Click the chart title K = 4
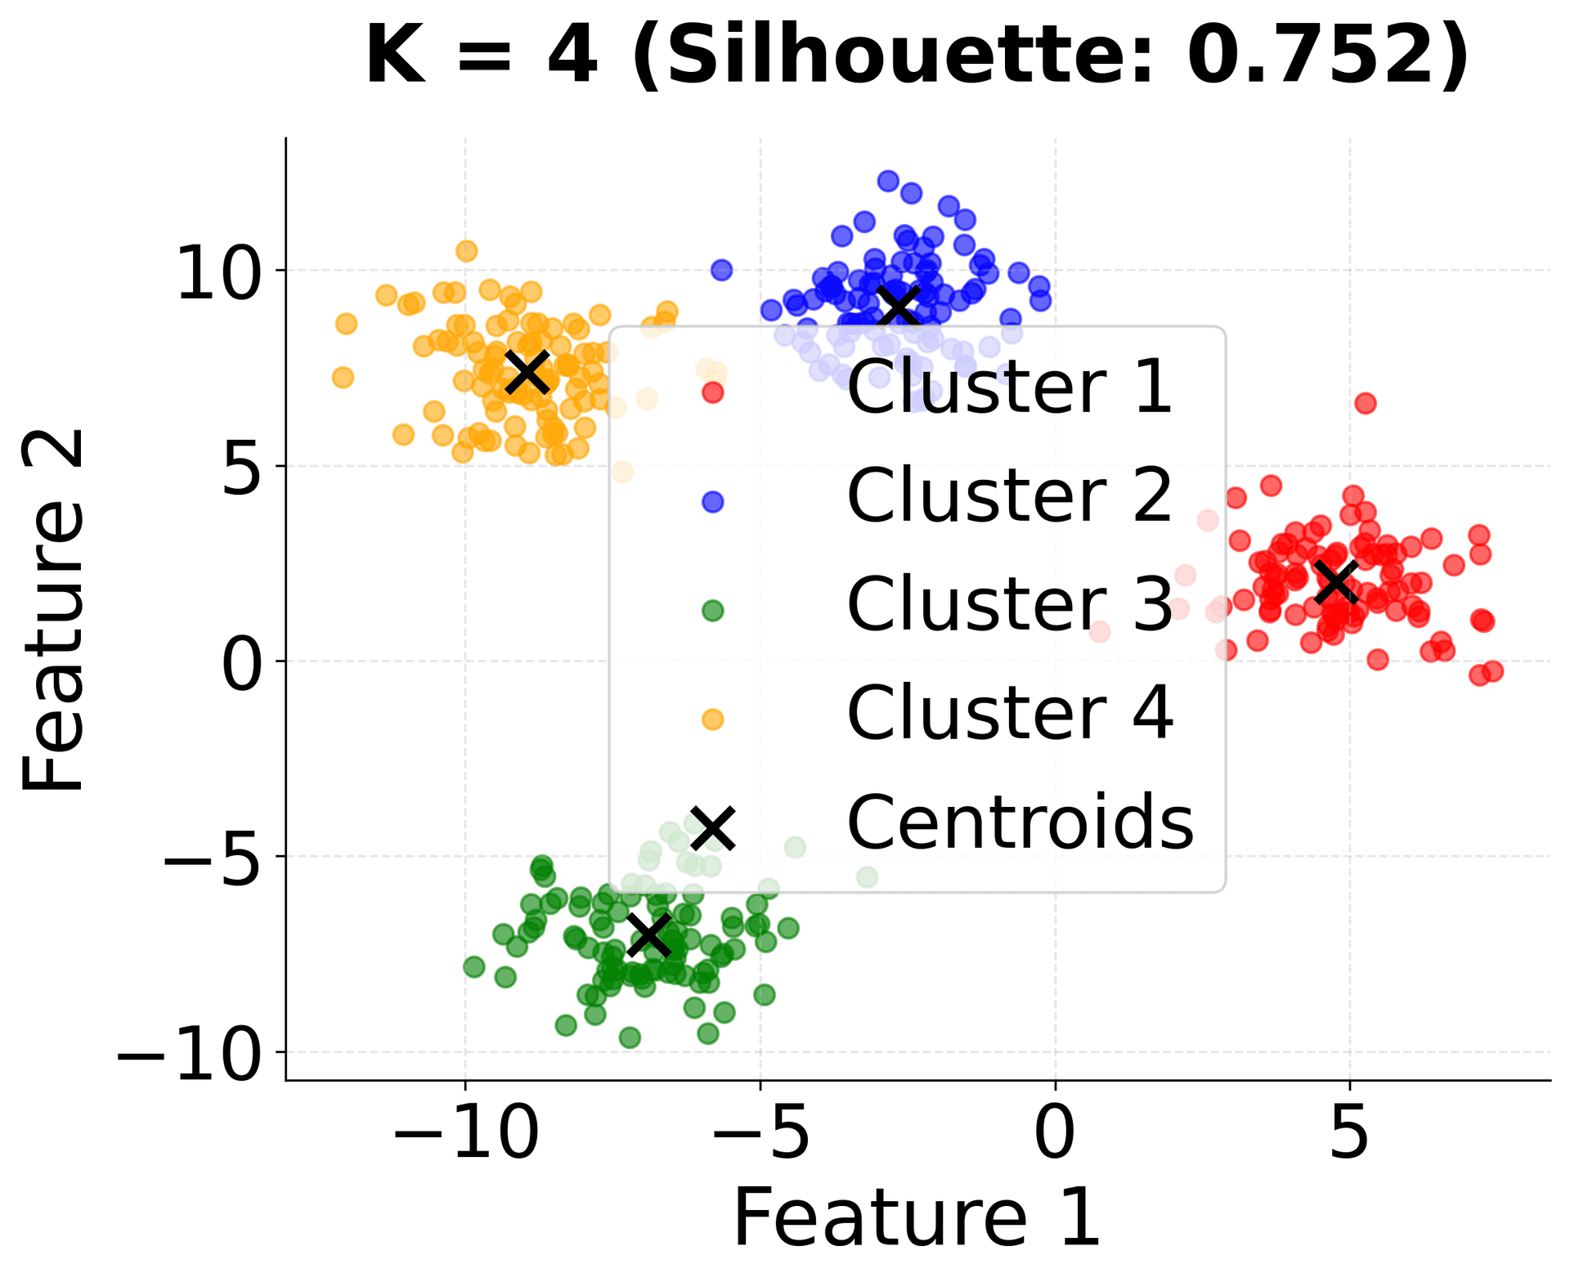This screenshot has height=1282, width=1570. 482,56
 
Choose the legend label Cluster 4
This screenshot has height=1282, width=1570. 1009,713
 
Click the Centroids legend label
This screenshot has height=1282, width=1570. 1020,823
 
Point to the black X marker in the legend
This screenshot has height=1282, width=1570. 713,827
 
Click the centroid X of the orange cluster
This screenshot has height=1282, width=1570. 527,372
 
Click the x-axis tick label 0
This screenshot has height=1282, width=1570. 1054,1135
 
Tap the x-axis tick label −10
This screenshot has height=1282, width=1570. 465,1135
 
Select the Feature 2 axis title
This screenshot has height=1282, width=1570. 54,609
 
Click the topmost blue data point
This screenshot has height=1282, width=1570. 888,181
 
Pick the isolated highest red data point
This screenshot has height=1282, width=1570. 1365,403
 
